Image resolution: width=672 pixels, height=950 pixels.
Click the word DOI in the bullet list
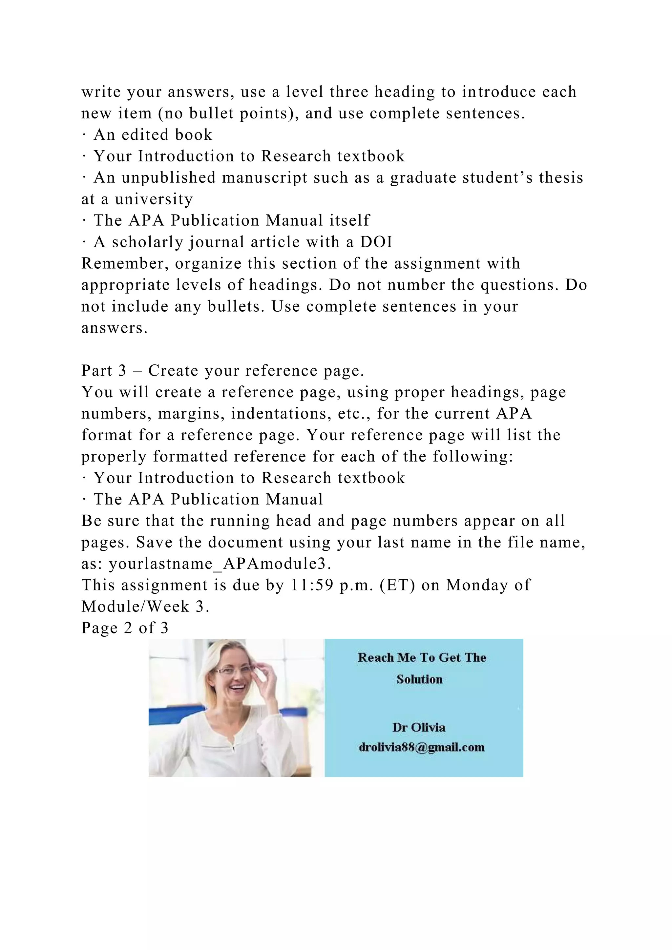point(376,242)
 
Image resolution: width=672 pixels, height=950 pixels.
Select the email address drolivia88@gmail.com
point(421,747)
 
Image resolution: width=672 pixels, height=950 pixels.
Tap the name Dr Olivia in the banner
point(419,727)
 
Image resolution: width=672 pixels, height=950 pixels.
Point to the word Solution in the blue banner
point(419,679)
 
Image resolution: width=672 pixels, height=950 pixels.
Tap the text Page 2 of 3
point(125,628)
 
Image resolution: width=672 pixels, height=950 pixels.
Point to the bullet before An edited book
point(84,135)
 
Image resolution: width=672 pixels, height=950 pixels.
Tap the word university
point(154,199)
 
